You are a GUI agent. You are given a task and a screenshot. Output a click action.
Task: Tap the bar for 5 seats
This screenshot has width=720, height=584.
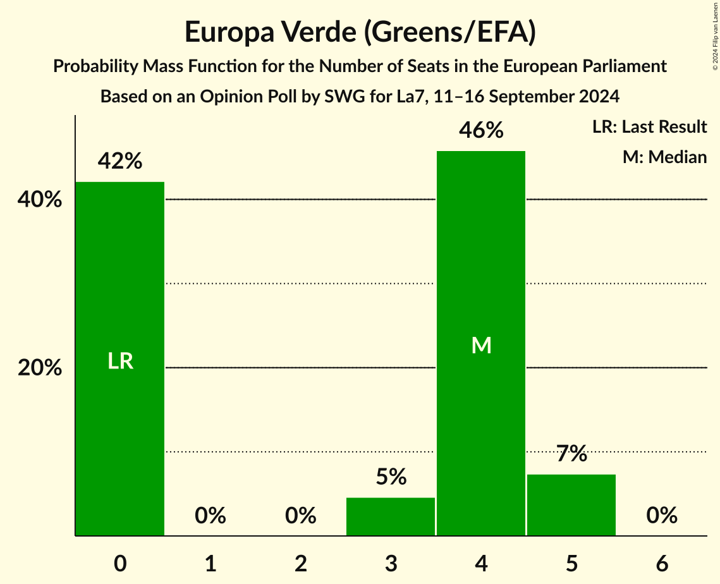pyautogui.click(x=571, y=505)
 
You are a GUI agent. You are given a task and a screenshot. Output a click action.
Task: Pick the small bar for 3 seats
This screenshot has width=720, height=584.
pyautogui.click(x=391, y=516)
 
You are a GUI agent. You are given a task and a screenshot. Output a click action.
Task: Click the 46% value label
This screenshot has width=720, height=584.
pyautogui.click(x=481, y=131)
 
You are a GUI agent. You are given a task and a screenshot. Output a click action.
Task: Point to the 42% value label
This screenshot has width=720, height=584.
pyautogui.click(x=120, y=162)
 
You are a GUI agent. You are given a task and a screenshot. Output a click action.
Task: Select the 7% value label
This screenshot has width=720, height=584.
pyautogui.click(x=571, y=454)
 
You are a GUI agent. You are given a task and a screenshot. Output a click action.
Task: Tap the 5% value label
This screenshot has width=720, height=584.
pyautogui.click(x=391, y=477)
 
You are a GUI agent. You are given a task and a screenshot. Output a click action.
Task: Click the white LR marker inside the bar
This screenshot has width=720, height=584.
pyautogui.click(x=120, y=361)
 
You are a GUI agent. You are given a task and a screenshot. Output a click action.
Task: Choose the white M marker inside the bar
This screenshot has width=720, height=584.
pyautogui.click(x=481, y=345)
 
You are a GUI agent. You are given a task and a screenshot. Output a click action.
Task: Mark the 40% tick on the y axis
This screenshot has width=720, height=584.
pyautogui.click(x=39, y=200)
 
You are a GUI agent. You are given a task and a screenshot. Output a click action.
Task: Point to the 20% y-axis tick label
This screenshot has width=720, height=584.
pyautogui.click(x=39, y=368)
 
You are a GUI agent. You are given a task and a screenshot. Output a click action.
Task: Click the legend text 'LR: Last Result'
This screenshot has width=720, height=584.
pyautogui.click(x=649, y=127)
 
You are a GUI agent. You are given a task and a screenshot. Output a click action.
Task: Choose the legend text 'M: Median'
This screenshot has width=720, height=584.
pyautogui.click(x=664, y=157)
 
